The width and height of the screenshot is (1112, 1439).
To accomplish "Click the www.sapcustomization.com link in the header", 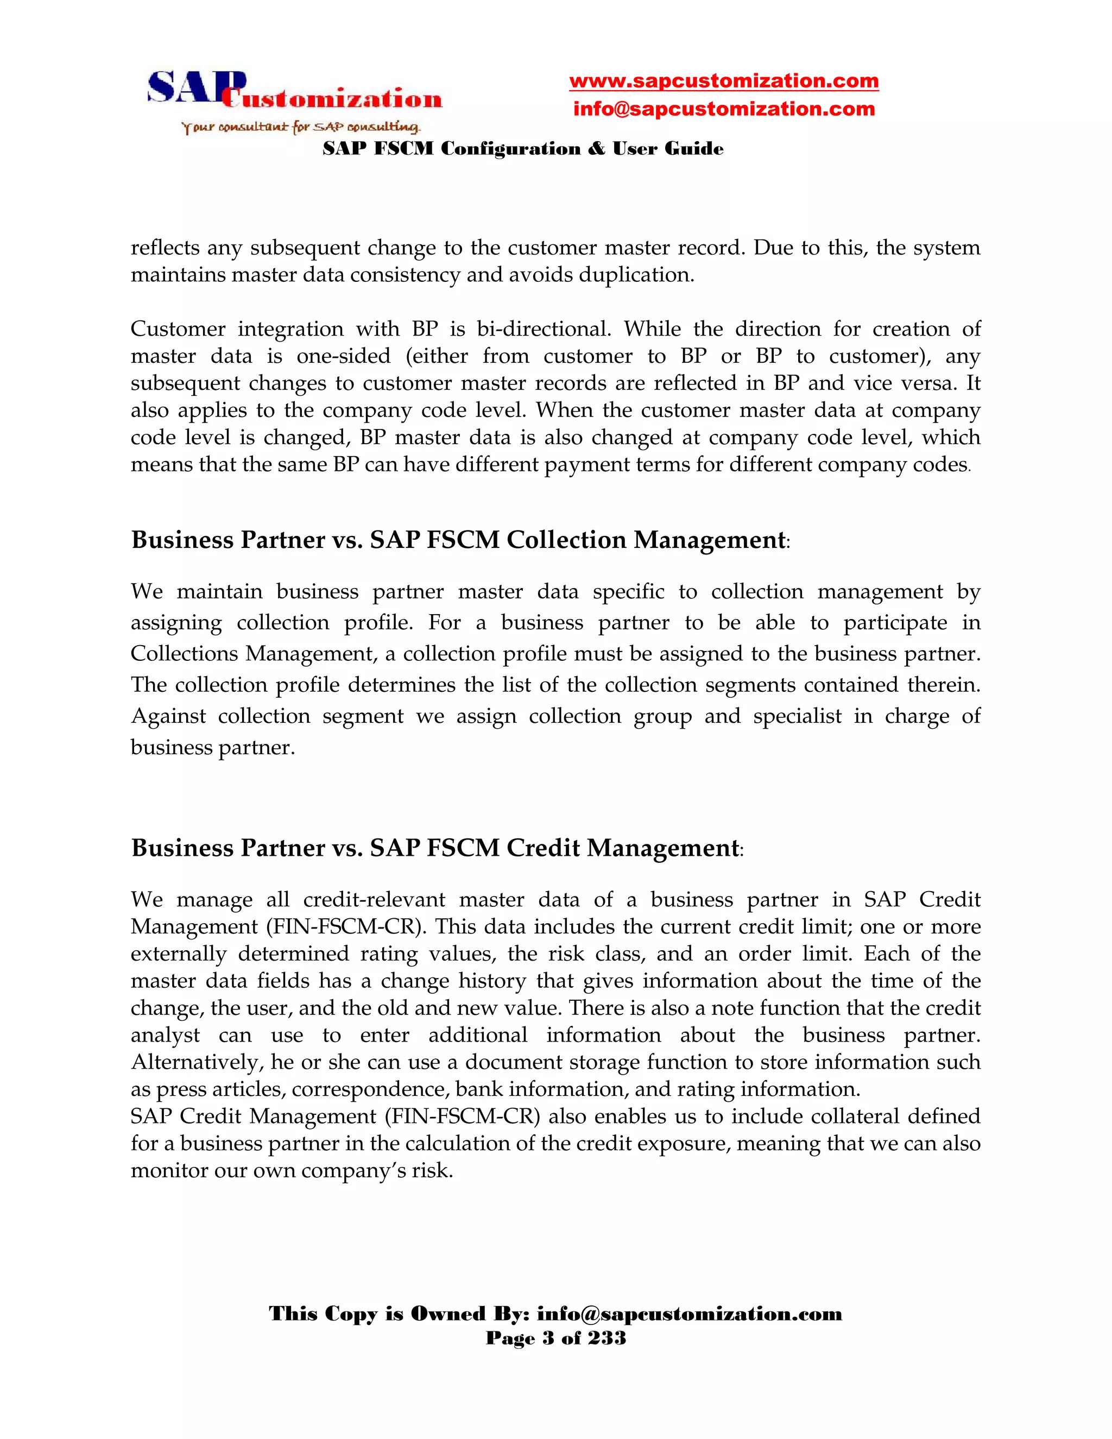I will point(723,81).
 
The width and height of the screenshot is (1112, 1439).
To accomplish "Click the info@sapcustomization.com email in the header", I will point(723,109).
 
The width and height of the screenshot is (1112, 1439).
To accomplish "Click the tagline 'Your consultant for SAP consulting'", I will point(300,127).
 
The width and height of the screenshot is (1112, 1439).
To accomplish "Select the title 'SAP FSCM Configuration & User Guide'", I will point(522,149).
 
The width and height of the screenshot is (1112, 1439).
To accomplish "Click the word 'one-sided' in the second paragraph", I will point(343,356).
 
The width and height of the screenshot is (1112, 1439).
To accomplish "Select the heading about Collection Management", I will point(459,540).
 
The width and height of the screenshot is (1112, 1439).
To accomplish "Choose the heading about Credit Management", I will point(436,847).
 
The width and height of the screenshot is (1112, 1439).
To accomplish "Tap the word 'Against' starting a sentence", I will point(168,716).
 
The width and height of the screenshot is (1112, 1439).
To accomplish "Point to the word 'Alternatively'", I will point(195,1062).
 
